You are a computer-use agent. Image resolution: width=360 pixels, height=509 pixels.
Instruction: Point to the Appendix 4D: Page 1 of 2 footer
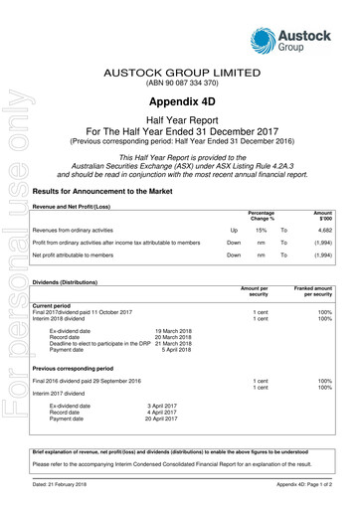point(308,497)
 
